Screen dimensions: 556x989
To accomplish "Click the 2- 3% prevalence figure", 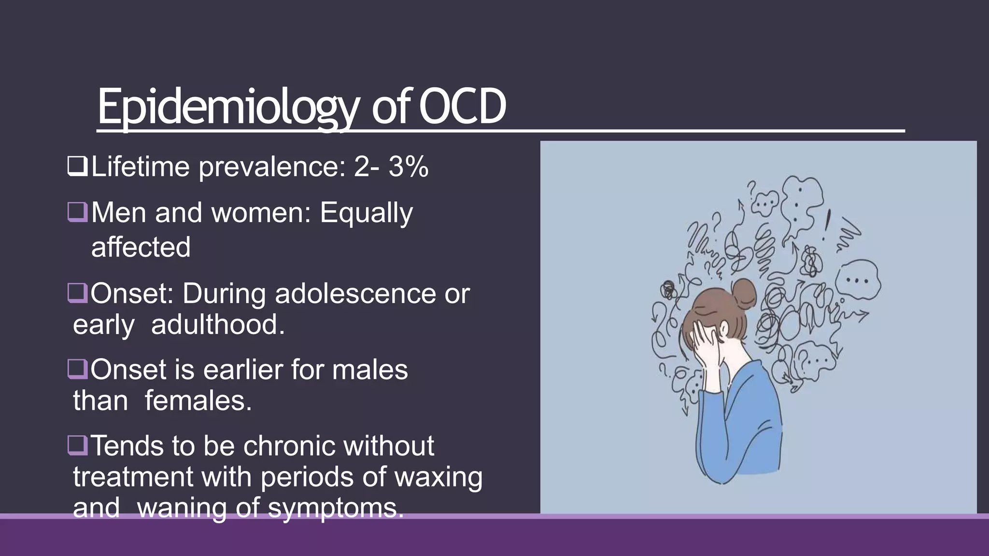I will tap(391, 167).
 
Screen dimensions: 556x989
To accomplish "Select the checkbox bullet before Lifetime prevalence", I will tap(77, 167).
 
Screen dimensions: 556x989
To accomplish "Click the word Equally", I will tap(366, 213).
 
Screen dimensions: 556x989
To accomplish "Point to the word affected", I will tap(141, 247).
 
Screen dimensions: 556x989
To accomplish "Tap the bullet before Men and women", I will tap(77, 212).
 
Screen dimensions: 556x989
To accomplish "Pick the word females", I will tap(198, 401).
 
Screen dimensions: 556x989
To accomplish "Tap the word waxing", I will tap(438, 477).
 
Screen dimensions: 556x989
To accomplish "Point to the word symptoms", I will tap(335, 508).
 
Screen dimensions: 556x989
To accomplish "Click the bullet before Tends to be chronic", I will tap(77, 445).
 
